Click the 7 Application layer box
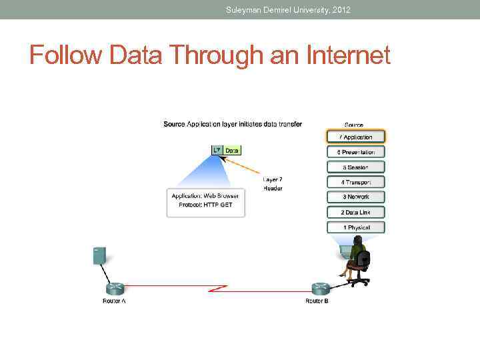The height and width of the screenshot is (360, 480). click(355, 137)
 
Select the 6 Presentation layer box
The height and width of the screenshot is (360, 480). click(355, 152)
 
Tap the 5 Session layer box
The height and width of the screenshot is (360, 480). click(355, 167)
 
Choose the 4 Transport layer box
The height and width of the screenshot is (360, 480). click(355, 182)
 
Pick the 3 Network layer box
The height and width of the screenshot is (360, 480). click(355, 197)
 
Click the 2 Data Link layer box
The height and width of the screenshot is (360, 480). click(355, 212)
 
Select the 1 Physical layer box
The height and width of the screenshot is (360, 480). click(355, 227)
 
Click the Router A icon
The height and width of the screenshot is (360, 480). click(115, 289)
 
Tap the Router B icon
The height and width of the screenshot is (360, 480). click(321, 289)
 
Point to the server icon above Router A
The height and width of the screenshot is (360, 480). click(99, 255)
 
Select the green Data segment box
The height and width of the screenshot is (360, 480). click(232, 151)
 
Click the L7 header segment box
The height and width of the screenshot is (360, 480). click(217, 151)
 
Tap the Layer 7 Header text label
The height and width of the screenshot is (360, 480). click(272, 183)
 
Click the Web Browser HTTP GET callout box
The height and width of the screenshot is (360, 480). click(205, 203)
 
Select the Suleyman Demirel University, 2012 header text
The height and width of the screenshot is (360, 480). click(288, 10)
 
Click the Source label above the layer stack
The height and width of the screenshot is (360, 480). click(353, 125)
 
